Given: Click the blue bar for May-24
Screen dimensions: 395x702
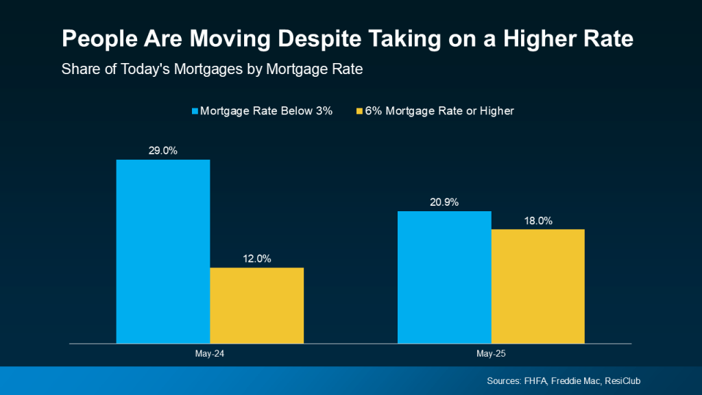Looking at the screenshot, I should click(x=163, y=251).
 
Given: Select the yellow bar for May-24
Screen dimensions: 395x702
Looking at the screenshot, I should click(x=256, y=305).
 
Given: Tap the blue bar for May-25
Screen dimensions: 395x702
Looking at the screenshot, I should click(x=444, y=277).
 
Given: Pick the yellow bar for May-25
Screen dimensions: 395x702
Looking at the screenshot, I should click(x=537, y=286).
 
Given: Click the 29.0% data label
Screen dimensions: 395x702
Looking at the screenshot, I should click(x=163, y=151).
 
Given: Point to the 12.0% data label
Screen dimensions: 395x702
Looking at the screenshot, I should click(x=257, y=259).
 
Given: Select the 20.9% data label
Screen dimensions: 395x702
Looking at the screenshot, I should click(x=444, y=202).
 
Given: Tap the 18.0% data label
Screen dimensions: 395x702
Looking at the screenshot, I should click(x=538, y=221).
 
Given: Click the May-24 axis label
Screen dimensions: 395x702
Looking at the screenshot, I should click(x=210, y=355).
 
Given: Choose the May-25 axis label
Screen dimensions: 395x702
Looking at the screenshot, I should click(x=491, y=355).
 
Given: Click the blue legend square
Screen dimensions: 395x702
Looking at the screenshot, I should click(x=194, y=111).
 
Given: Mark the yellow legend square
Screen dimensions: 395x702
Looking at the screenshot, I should click(x=359, y=111).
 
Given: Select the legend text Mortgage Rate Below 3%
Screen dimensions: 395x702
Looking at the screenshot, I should click(x=266, y=111).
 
